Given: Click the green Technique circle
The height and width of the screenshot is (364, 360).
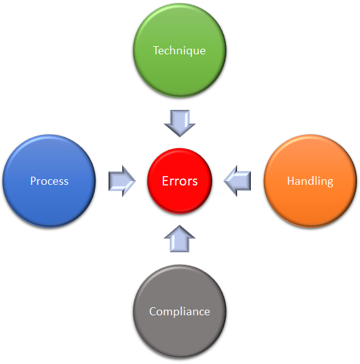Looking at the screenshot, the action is pyautogui.click(x=180, y=50).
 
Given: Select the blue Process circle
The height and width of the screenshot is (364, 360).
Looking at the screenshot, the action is pyautogui.click(x=49, y=181).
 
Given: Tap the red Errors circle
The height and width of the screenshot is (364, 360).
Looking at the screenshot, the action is pyautogui.click(x=180, y=181).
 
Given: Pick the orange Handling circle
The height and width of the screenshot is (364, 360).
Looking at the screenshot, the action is pyautogui.click(x=310, y=181).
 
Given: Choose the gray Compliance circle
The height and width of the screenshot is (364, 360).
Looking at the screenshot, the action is pyautogui.click(x=180, y=312).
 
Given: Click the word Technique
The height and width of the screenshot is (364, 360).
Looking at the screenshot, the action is pyautogui.click(x=179, y=51).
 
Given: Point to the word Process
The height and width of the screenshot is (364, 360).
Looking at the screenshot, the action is pyautogui.click(x=49, y=181).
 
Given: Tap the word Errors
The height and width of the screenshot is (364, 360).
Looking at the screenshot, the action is pyautogui.click(x=180, y=181).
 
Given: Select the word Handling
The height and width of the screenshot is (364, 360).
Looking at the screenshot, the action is pyautogui.click(x=310, y=182).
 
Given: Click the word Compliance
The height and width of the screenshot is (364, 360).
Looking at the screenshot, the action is pyautogui.click(x=180, y=312).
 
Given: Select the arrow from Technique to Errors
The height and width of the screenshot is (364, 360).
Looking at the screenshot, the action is pyautogui.click(x=180, y=123).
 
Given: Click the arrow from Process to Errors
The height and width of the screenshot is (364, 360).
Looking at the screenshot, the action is pyautogui.click(x=122, y=181).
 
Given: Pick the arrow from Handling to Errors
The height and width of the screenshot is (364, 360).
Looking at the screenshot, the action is pyautogui.click(x=237, y=181).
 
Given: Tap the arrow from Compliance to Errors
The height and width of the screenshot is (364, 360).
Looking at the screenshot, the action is pyautogui.click(x=180, y=239).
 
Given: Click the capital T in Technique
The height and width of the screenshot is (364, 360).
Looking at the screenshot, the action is pyautogui.click(x=157, y=51).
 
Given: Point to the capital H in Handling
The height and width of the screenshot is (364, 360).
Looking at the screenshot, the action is pyautogui.click(x=291, y=181).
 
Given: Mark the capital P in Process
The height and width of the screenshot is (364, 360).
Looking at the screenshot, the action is pyautogui.click(x=34, y=181).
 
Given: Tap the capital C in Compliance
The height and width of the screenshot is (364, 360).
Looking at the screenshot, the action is pyautogui.click(x=153, y=312).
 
